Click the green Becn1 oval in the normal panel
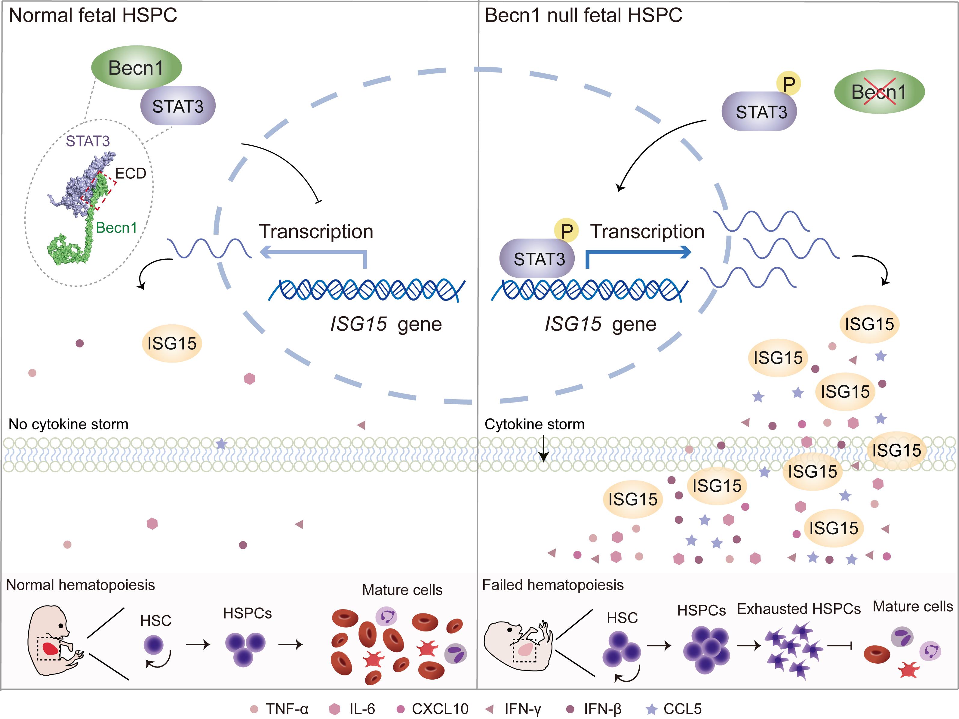[x=136, y=68]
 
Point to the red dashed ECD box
[x=98, y=191]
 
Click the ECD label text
[x=131, y=174]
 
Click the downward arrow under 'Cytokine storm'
[x=544, y=451]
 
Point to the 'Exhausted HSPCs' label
[x=799, y=609]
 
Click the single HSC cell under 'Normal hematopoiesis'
[x=153, y=645]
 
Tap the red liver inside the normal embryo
[x=50, y=648]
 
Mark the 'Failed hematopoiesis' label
[x=553, y=585]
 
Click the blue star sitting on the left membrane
[x=221, y=444]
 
